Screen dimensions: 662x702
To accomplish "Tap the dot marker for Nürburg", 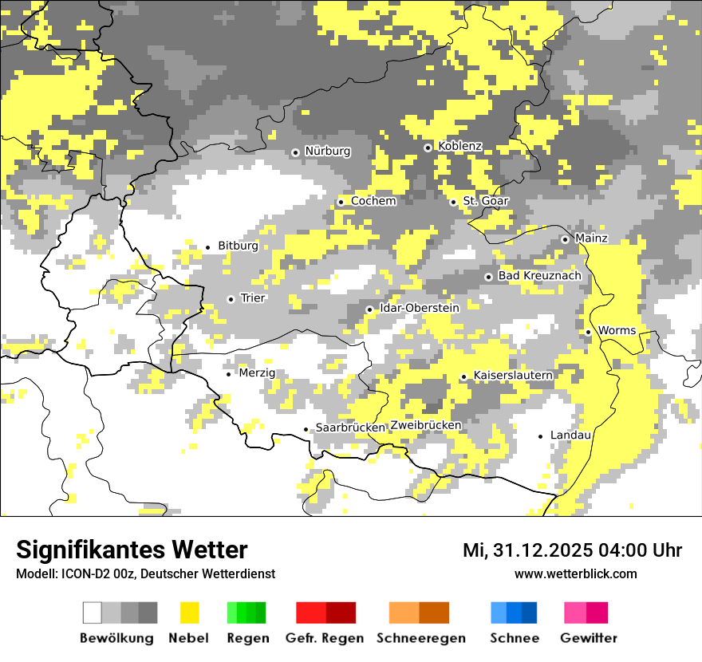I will (295, 152).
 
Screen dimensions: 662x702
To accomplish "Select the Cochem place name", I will (373, 201).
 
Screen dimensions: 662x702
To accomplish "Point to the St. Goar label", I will (486, 201).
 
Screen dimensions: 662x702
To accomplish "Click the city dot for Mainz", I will (565, 239).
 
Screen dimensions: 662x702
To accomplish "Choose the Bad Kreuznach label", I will (540, 276).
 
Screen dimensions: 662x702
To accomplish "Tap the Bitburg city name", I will (238, 246).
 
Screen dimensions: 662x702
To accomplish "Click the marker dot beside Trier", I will (231, 299).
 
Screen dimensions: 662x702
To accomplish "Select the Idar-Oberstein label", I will (420, 308).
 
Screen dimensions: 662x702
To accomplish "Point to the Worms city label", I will (617, 330).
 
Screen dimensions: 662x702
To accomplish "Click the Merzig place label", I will (257, 372).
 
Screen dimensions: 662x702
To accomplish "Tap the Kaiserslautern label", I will (513, 375).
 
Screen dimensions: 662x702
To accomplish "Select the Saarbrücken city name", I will (350, 428).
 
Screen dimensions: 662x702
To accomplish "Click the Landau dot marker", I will (541, 436).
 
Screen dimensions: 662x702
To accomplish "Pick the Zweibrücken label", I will (425, 425).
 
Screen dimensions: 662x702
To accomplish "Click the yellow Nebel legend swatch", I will (189, 613).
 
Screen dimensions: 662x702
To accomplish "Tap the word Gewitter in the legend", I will (589, 638).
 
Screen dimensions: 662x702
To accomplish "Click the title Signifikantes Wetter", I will (132, 550).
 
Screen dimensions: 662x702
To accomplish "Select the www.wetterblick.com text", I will (575, 573).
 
